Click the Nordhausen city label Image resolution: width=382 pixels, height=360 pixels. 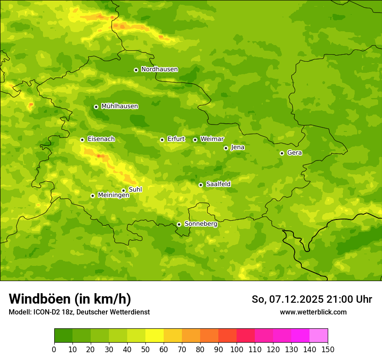[x=159, y=69]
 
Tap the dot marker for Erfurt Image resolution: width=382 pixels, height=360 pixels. [x=162, y=140]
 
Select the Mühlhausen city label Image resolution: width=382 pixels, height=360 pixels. [x=119, y=106]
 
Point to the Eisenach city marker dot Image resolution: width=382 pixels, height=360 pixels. [x=82, y=140]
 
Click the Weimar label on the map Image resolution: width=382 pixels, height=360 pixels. [x=212, y=139]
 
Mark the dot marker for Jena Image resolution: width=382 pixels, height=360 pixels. [x=226, y=148]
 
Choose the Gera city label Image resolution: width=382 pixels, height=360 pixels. [x=294, y=153]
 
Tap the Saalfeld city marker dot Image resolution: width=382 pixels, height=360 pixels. [x=201, y=185]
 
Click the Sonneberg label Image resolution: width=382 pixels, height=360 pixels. [x=201, y=224]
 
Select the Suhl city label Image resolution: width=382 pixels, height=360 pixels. [x=135, y=190]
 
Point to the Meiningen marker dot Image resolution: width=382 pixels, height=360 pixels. [x=92, y=196]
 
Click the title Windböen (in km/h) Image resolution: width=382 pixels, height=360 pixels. [x=70, y=299]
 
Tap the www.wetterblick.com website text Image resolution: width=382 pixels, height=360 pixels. [x=313, y=312]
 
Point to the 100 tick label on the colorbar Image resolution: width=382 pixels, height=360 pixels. [x=237, y=349]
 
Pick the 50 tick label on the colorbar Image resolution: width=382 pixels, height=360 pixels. [x=145, y=349]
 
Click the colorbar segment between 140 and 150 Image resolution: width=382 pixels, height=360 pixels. [x=319, y=336]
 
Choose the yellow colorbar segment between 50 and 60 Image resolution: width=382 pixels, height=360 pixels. [x=155, y=336]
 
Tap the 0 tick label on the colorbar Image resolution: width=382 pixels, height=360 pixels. [x=54, y=349]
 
